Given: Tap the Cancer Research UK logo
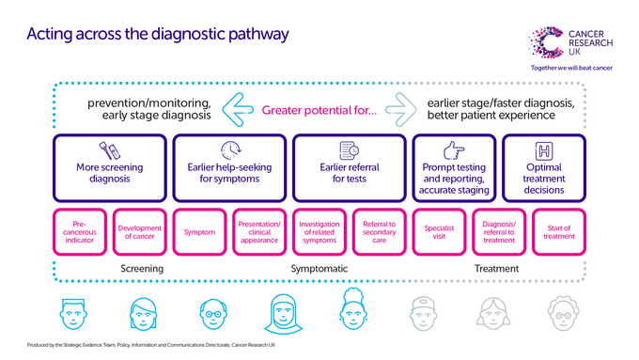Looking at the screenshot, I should tap(572, 42).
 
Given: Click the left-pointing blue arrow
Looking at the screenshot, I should tap(239, 110).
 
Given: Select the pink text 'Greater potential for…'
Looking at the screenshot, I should tap(319, 111).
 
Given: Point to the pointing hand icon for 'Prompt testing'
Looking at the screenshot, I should tap(454, 150).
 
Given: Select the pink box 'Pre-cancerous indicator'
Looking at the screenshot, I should tap(80, 232).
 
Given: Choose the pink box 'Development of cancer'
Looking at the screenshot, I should tap(140, 232).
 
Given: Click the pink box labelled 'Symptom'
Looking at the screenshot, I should tap(200, 232).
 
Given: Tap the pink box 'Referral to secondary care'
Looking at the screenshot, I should tap(381, 232).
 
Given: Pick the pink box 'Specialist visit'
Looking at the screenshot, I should tap(441, 232).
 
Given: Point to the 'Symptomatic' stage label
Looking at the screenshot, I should tap(319, 269).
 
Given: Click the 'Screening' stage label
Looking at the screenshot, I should tap(142, 269).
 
